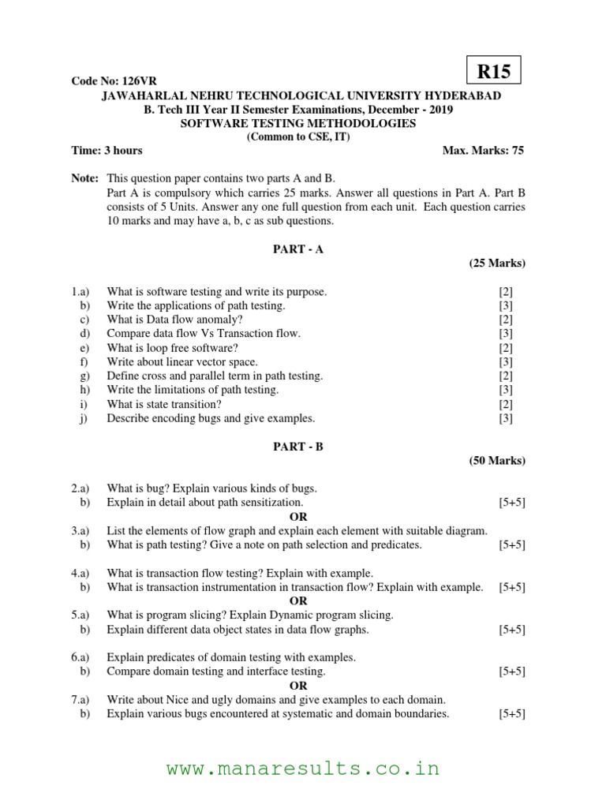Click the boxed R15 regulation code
(495, 73)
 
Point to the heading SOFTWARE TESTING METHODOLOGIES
(298, 123)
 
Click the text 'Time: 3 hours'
(107, 150)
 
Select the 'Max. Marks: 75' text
(484, 150)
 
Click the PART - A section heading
(298, 249)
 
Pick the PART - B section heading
(298, 447)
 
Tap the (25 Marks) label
(497, 263)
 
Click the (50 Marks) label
(497, 460)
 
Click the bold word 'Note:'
(84, 179)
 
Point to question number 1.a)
(80, 292)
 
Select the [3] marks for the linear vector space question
(506, 362)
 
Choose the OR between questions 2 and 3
(298, 517)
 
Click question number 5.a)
(80, 615)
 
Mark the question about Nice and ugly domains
(276, 700)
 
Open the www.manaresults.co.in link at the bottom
(303, 769)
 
